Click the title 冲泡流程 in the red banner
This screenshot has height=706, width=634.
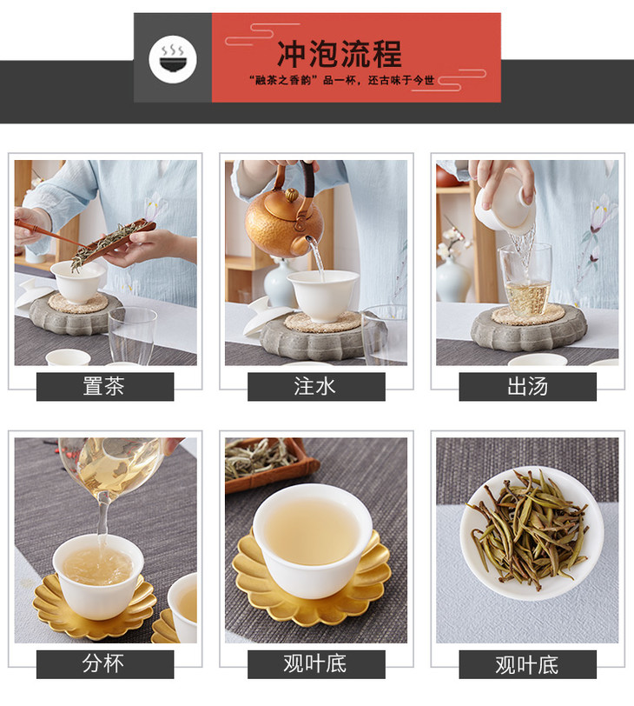tap(339, 54)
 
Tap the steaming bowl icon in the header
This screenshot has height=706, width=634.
tap(173, 59)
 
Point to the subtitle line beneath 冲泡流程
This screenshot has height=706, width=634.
tap(341, 80)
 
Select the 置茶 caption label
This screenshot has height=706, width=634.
tap(105, 386)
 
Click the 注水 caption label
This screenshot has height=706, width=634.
tap(316, 386)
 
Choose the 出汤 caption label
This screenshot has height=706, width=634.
tap(527, 386)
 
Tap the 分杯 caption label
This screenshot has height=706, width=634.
tap(105, 664)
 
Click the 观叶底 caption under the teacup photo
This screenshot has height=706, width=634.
tap(316, 664)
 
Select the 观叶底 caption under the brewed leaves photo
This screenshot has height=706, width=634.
tap(527, 664)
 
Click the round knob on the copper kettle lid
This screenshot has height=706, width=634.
tap(291, 195)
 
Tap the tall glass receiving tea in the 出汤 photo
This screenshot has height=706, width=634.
tap(525, 280)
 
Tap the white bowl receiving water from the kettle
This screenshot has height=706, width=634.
tap(323, 296)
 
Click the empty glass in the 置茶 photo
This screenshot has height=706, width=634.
tap(132, 335)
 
